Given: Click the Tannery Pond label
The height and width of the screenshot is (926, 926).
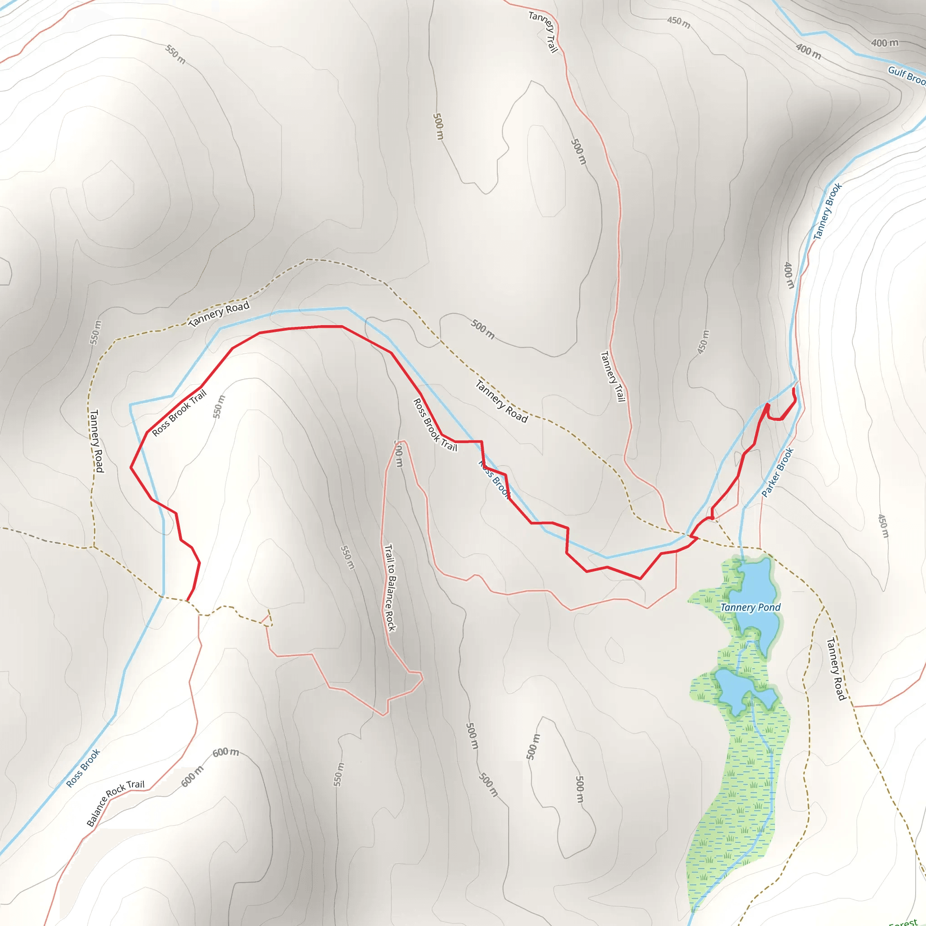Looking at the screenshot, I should click(750, 608).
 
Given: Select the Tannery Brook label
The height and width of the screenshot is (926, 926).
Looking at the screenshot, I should click(828, 211).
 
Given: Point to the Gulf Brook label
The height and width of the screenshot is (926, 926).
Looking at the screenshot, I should click(907, 75).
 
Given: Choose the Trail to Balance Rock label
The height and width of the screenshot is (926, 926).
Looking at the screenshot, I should click(390, 588).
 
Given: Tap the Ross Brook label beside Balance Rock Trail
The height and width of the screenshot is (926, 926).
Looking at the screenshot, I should click(83, 768).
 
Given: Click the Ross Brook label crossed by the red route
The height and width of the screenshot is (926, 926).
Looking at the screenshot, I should click(494, 480).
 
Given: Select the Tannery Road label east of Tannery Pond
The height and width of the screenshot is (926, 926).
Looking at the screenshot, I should click(836, 669).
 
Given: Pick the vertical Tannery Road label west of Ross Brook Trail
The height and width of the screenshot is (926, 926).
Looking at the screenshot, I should click(97, 440).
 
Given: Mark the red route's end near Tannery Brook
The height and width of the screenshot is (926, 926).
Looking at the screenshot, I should click(794, 389).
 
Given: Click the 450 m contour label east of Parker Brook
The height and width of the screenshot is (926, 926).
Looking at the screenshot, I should click(883, 526).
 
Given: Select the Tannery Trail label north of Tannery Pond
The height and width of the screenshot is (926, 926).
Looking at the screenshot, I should click(613, 376).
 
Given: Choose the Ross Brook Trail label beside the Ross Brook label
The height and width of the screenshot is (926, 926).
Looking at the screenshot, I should click(435, 425).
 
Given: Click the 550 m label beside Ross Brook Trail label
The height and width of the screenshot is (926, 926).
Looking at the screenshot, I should click(219, 406).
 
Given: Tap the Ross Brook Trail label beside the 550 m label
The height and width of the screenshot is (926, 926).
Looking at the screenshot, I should click(179, 412).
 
